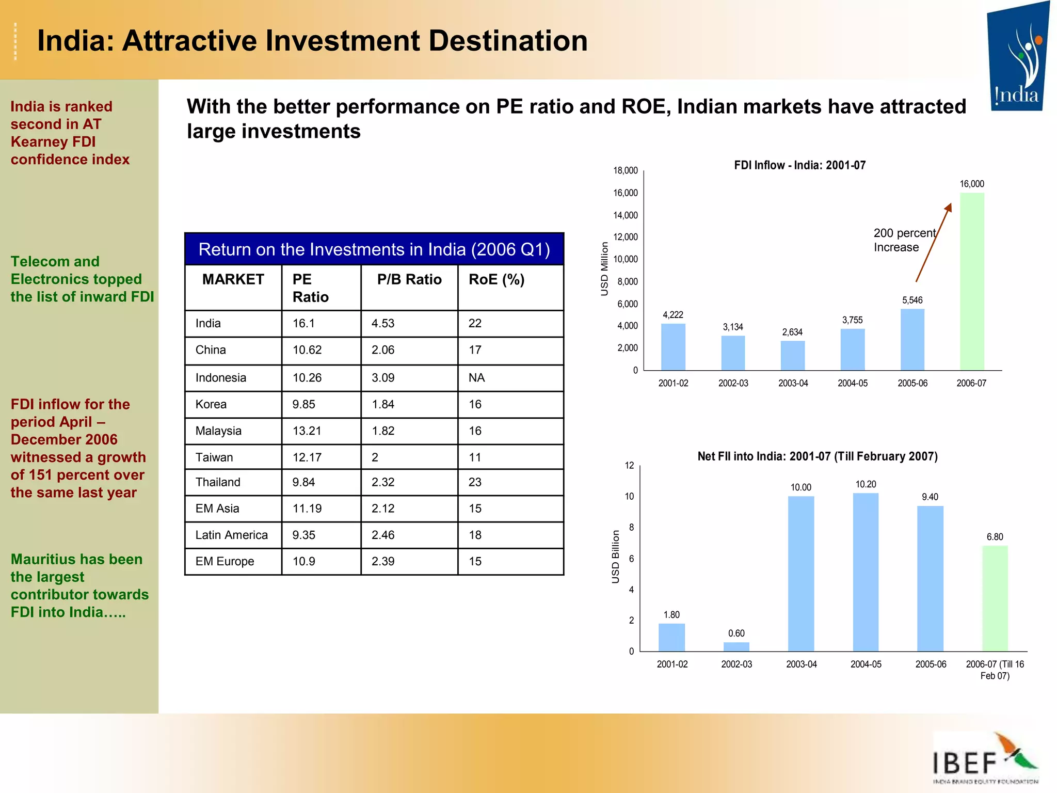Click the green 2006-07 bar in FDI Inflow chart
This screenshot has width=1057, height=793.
pyautogui.click(x=972, y=281)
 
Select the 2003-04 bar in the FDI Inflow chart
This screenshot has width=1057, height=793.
pyautogui.click(x=793, y=356)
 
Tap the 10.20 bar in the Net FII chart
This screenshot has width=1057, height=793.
pyautogui.click(x=866, y=572)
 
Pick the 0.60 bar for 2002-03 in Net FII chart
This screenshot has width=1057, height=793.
pyautogui.click(x=736, y=646)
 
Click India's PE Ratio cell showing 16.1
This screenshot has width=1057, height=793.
pyautogui.click(x=304, y=323)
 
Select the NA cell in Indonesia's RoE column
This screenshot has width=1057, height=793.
pyautogui.click(x=476, y=377)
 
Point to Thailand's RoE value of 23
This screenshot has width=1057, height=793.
pyautogui.click(x=475, y=482)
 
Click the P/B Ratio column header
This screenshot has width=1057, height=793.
pyautogui.click(x=409, y=279)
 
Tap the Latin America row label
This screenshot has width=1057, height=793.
pyautogui.click(x=231, y=535)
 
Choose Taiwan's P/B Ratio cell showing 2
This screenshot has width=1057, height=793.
pyautogui.click(x=375, y=457)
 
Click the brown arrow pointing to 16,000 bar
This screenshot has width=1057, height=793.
pyautogui.click(x=933, y=243)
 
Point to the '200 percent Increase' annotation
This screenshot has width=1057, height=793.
pyautogui.click(x=904, y=240)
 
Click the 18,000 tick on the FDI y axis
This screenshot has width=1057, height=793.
pyautogui.click(x=625, y=170)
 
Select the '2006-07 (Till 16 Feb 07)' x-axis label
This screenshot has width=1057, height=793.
pyautogui.click(x=995, y=670)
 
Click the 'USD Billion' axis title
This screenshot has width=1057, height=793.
pyautogui.click(x=615, y=557)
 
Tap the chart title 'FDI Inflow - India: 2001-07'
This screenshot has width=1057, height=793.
pyautogui.click(x=799, y=165)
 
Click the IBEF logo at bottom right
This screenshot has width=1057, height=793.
pyautogui.click(x=985, y=758)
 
